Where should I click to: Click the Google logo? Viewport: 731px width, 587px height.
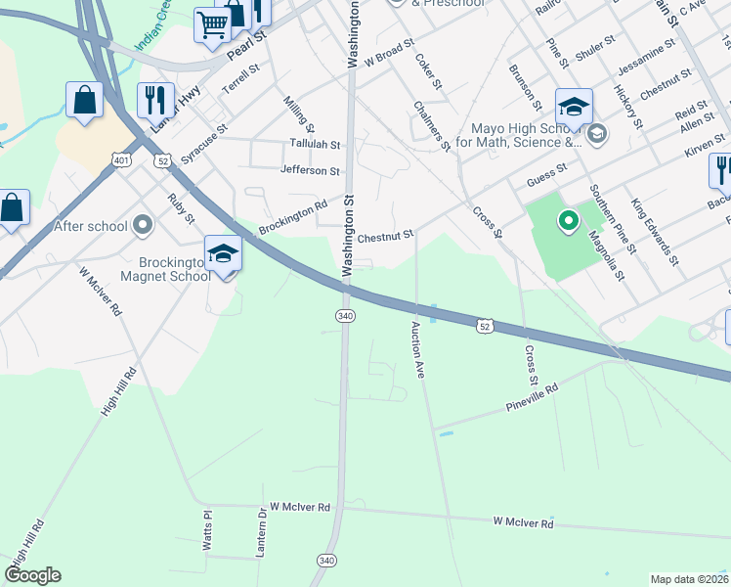click(x=32, y=575)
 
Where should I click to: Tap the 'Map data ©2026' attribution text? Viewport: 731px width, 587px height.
click(x=689, y=579)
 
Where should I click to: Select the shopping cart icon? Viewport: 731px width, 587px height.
click(x=211, y=23)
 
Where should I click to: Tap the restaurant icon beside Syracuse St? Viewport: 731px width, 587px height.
click(x=155, y=99)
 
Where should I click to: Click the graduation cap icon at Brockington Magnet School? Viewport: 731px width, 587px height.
click(x=223, y=254)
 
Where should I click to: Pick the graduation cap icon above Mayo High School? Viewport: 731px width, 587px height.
click(x=574, y=106)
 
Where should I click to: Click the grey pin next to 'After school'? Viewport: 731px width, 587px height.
click(x=143, y=226)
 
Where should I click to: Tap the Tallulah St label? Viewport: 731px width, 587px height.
click(x=315, y=144)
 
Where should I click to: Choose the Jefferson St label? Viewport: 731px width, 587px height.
click(x=310, y=171)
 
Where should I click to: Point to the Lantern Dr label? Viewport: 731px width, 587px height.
click(x=261, y=533)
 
